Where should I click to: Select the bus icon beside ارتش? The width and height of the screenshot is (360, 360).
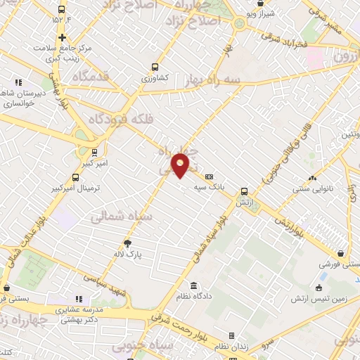pyautogui.click(x=244, y=191)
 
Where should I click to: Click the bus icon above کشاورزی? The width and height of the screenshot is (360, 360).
pyautogui.click(x=155, y=67)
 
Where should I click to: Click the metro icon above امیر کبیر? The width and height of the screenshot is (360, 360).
pyautogui.click(x=94, y=151)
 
